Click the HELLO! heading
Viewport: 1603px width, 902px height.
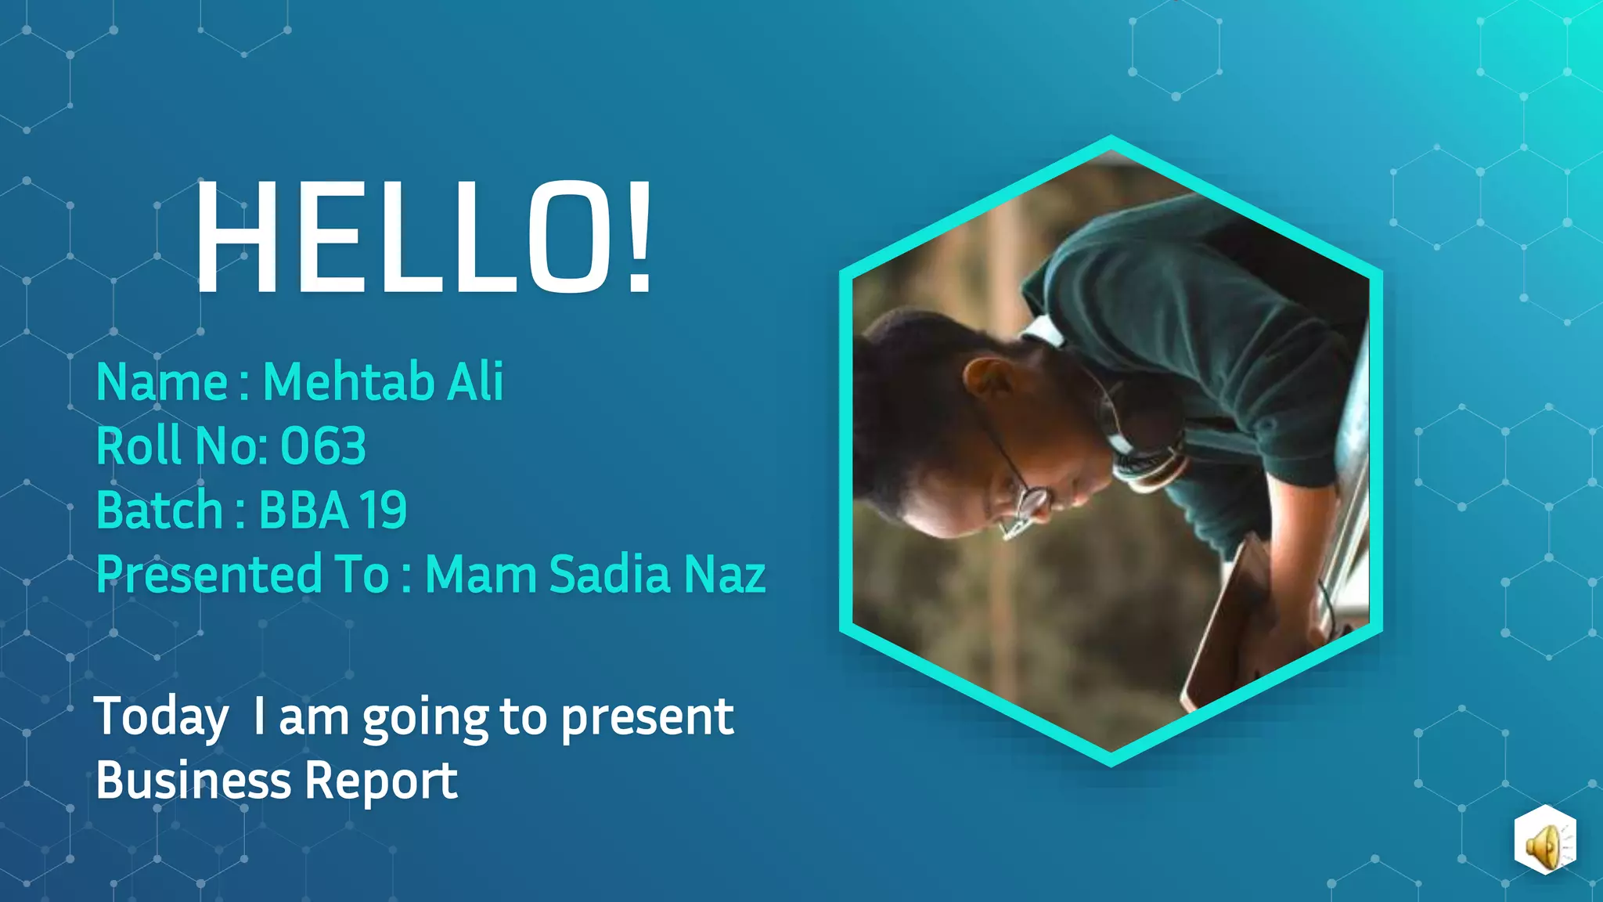coord(423,237)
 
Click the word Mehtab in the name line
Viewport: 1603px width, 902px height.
coord(348,382)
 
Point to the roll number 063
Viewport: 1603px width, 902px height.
coord(322,446)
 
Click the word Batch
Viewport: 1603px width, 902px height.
coord(160,510)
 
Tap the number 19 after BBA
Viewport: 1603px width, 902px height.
coord(383,511)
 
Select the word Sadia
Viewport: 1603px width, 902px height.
coord(610,574)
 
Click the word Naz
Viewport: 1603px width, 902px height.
coord(725,574)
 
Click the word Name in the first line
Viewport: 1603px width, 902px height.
coord(161,382)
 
